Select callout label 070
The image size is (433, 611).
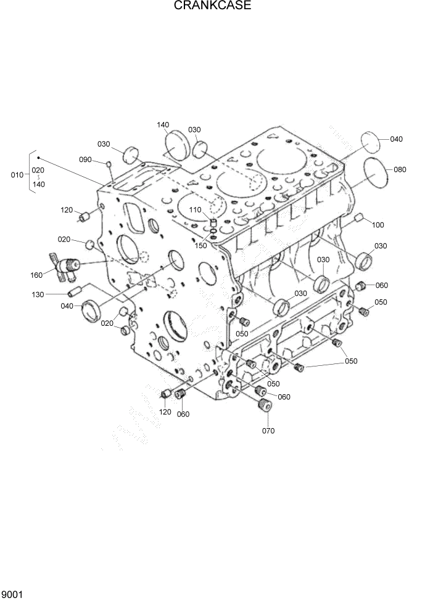pyautogui.click(x=268, y=431)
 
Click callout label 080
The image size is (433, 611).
pyautogui.click(x=400, y=169)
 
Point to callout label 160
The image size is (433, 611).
pyautogui.click(x=36, y=275)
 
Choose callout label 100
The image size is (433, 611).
pyautogui.click(x=377, y=225)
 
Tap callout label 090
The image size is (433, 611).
pyautogui.click(x=85, y=160)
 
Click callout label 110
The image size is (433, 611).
pyautogui.click(x=195, y=210)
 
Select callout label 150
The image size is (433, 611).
pyautogui.click(x=200, y=246)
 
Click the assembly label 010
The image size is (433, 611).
pyautogui.click(x=17, y=175)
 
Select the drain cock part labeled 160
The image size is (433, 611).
pyautogui.click(x=67, y=265)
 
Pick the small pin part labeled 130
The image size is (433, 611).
pyautogui.click(x=75, y=290)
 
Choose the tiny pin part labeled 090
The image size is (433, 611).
pyautogui.click(x=109, y=164)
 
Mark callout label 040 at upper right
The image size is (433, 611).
pyautogui.click(x=396, y=139)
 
